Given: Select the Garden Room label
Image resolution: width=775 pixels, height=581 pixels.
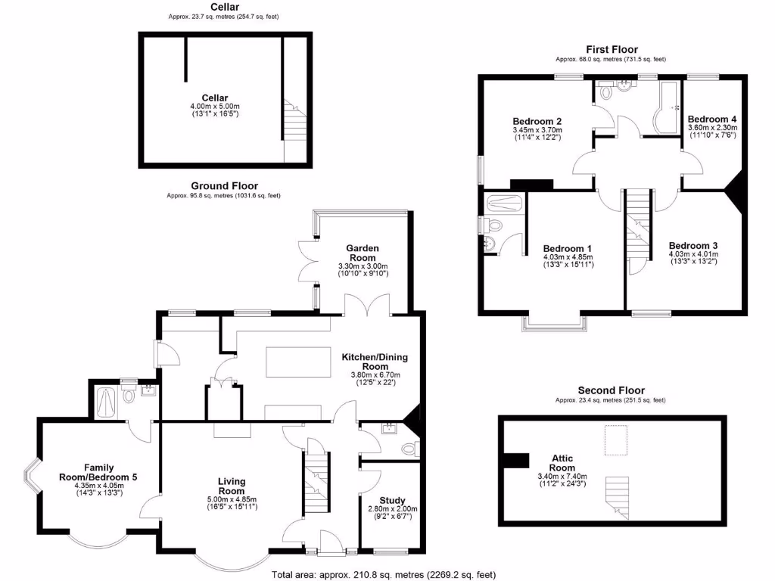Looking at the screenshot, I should pos(363,253).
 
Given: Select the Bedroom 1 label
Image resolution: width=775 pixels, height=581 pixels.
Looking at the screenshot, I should pos(568,248).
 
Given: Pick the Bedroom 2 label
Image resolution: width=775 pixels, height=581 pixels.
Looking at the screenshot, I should pos(537,121).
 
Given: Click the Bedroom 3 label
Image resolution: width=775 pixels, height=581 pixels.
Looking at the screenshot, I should pos(693,245).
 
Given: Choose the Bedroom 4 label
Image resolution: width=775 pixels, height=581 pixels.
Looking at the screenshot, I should pos(711,120).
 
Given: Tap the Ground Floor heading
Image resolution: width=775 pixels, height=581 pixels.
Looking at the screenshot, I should pos(224,185).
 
